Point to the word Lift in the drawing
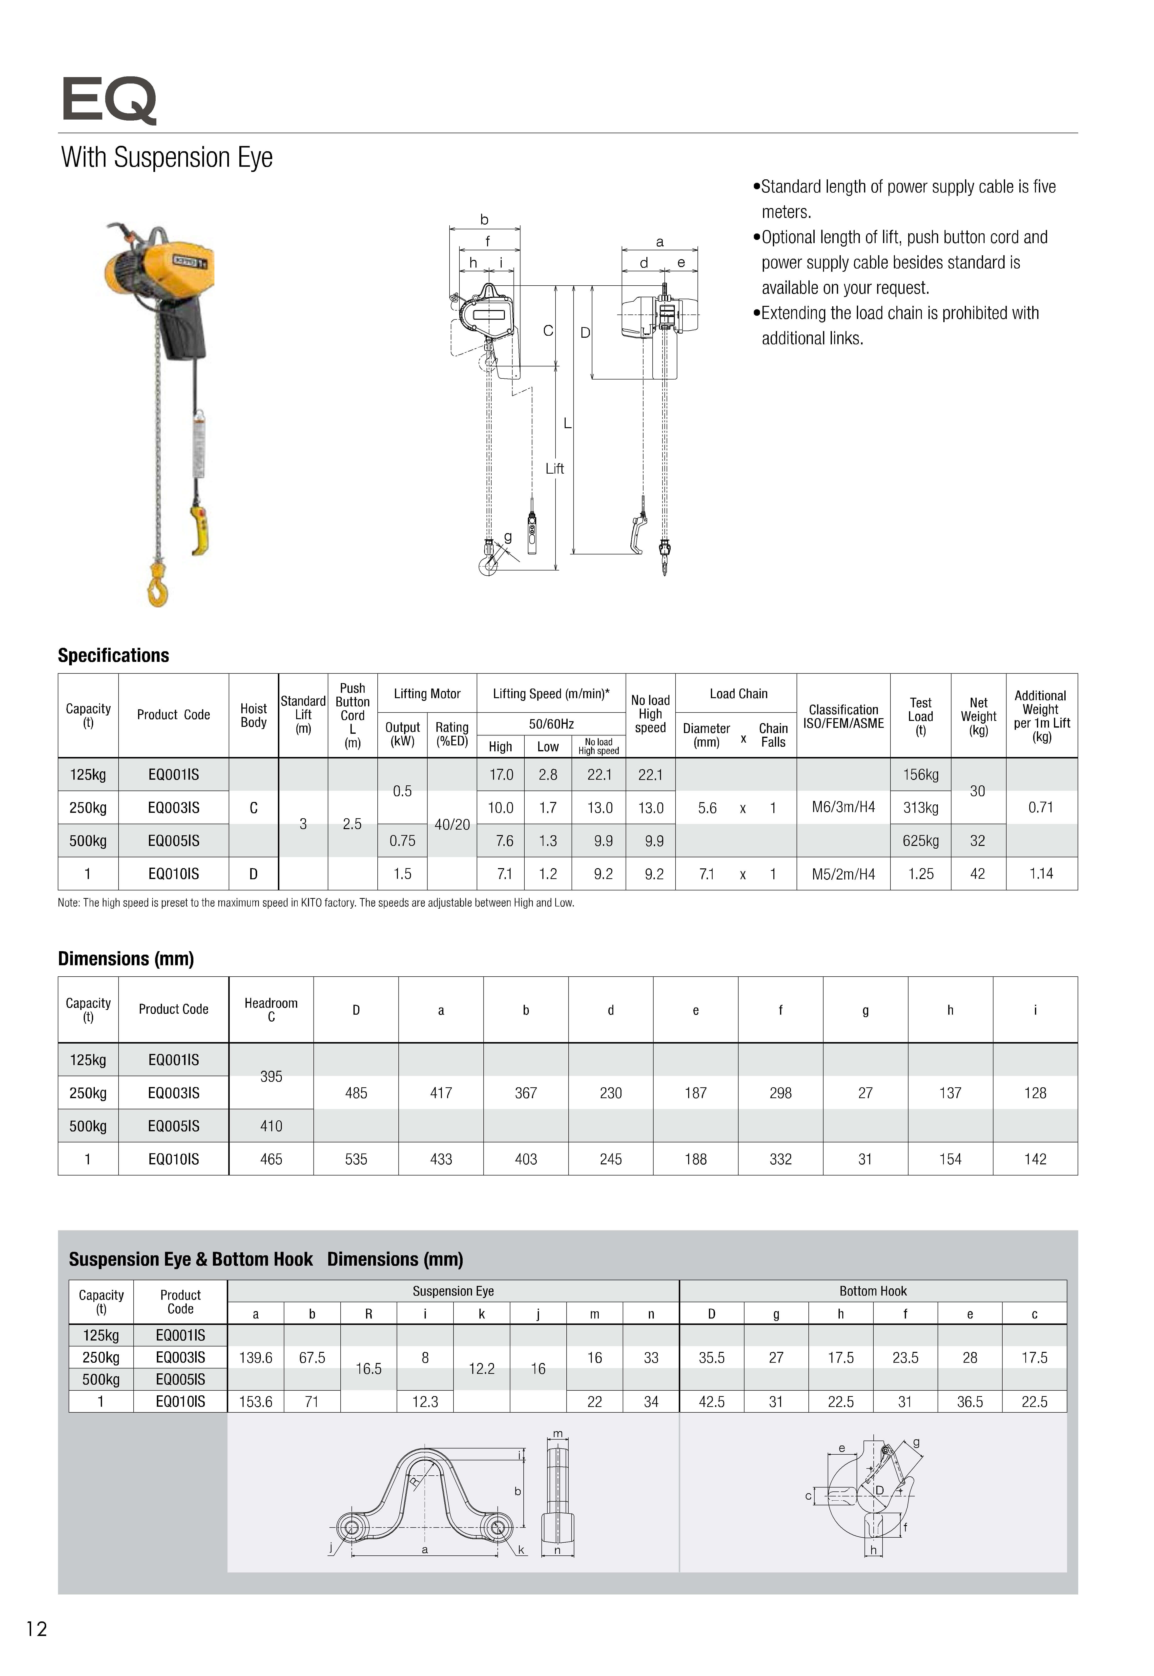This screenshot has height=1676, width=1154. (555, 468)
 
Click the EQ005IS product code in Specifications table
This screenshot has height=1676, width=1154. (174, 841)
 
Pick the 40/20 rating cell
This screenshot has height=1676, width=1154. (452, 824)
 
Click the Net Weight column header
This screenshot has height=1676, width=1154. (978, 716)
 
